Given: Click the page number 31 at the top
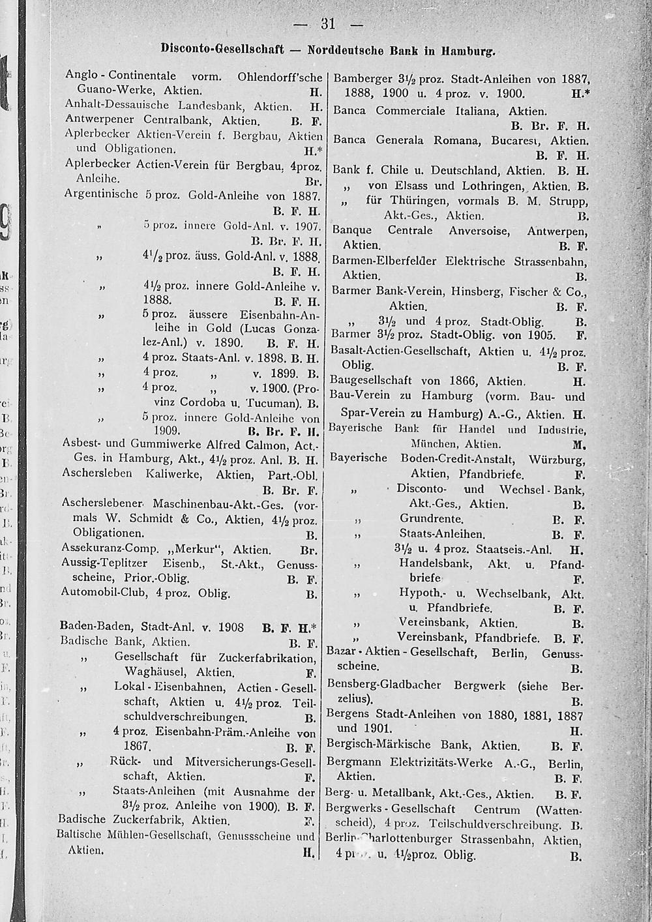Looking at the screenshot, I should point(327,25).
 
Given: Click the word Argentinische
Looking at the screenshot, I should point(102,194).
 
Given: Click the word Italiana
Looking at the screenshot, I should point(472,111).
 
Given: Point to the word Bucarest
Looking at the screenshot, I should point(514,140).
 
